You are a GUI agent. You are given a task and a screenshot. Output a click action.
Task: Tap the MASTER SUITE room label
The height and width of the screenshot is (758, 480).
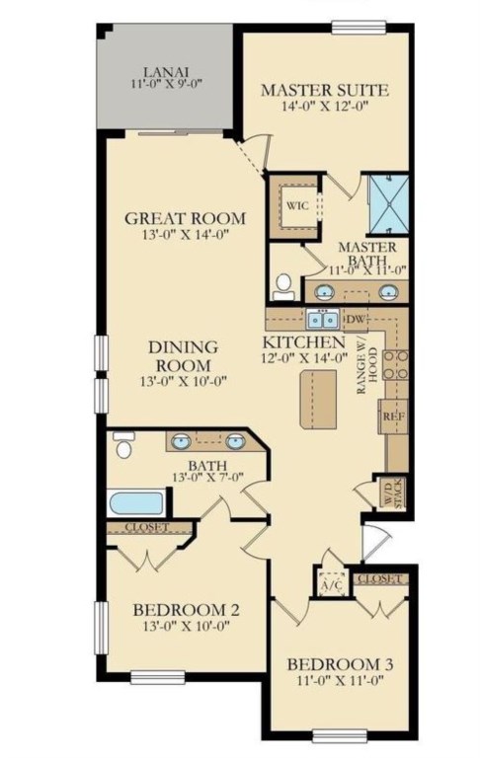(x=325, y=90)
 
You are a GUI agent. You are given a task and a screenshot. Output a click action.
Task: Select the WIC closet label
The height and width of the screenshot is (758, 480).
(x=297, y=205)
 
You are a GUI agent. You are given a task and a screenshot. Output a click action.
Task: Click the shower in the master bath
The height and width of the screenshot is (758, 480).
(x=389, y=204)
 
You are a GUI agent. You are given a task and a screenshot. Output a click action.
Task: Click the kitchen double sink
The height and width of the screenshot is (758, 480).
(x=322, y=319)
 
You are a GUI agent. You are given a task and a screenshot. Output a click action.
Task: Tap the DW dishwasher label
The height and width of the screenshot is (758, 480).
(x=357, y=319)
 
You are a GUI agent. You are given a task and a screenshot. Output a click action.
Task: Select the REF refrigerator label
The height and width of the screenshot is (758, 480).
(x=393, y=416)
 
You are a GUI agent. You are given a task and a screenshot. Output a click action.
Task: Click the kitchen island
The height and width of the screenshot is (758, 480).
(x=318, y=400)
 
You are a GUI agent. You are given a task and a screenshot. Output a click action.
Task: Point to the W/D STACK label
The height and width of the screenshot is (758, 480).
(x=392, y=493)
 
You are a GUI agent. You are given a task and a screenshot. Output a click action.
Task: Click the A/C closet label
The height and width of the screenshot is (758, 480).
(x=332, y=585)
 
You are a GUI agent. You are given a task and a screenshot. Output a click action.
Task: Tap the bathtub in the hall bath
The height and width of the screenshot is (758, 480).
(x=136, y=503)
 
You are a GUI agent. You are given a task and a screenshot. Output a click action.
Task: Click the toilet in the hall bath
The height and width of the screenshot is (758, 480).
(x=123, y=444)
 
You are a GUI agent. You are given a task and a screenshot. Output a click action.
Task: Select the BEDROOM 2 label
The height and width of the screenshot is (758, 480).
(x=187, y=610)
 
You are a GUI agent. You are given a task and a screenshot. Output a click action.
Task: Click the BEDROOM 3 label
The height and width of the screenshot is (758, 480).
(x=340, y=664)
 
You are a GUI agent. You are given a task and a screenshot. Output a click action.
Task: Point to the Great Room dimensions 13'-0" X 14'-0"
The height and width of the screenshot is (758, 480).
(x=186, y=235)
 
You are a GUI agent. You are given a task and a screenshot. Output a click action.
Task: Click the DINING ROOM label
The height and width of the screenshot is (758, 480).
(x=184, y=355)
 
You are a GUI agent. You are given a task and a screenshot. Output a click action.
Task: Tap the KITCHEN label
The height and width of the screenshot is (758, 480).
(x=304, y=342)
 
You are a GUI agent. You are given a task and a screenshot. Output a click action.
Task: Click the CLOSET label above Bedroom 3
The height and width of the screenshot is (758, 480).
(x=380, y=578)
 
